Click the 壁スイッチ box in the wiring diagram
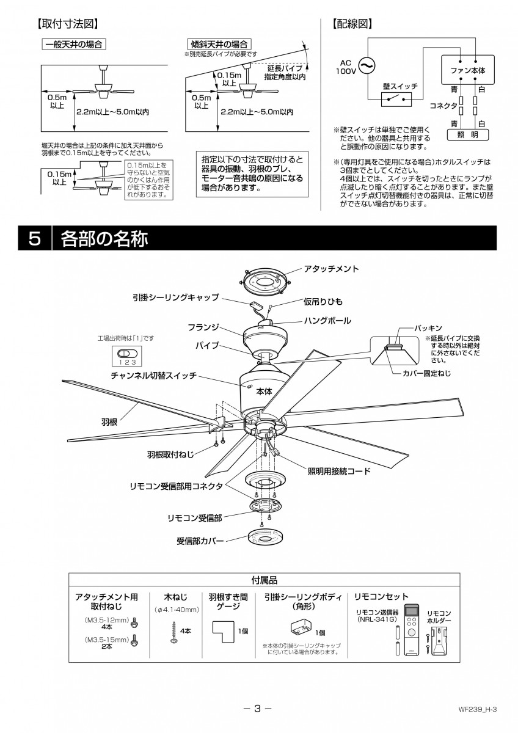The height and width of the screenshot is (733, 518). point(396,98)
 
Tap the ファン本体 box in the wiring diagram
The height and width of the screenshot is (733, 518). point(467,71)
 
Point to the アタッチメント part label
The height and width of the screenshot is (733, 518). point(331,269)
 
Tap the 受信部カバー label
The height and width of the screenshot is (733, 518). point(200,541)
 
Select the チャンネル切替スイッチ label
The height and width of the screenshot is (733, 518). point(153,376)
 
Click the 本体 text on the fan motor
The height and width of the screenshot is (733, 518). point(264,392)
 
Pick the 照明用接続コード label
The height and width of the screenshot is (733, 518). point(340,471)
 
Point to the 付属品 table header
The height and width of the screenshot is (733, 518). point(264,580)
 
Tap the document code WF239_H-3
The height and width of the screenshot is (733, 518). point(478,710)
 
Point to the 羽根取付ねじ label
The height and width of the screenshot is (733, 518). point(170,455)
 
